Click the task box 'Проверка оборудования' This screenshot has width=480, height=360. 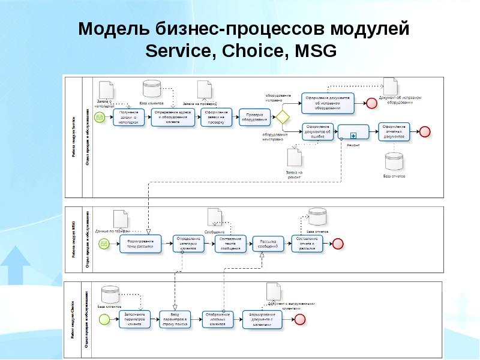[x=254, y=117]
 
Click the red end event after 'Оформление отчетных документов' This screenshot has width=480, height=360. [x=425, y=132]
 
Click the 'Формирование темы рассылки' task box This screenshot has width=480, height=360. [x=140, y=244]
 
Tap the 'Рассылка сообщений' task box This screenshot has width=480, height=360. [x=268, y=244]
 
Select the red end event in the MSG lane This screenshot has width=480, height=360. [x=338, y=244]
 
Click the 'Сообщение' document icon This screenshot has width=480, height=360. [x=215, y=217]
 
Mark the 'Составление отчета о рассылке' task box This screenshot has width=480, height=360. [x=307, y=243]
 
